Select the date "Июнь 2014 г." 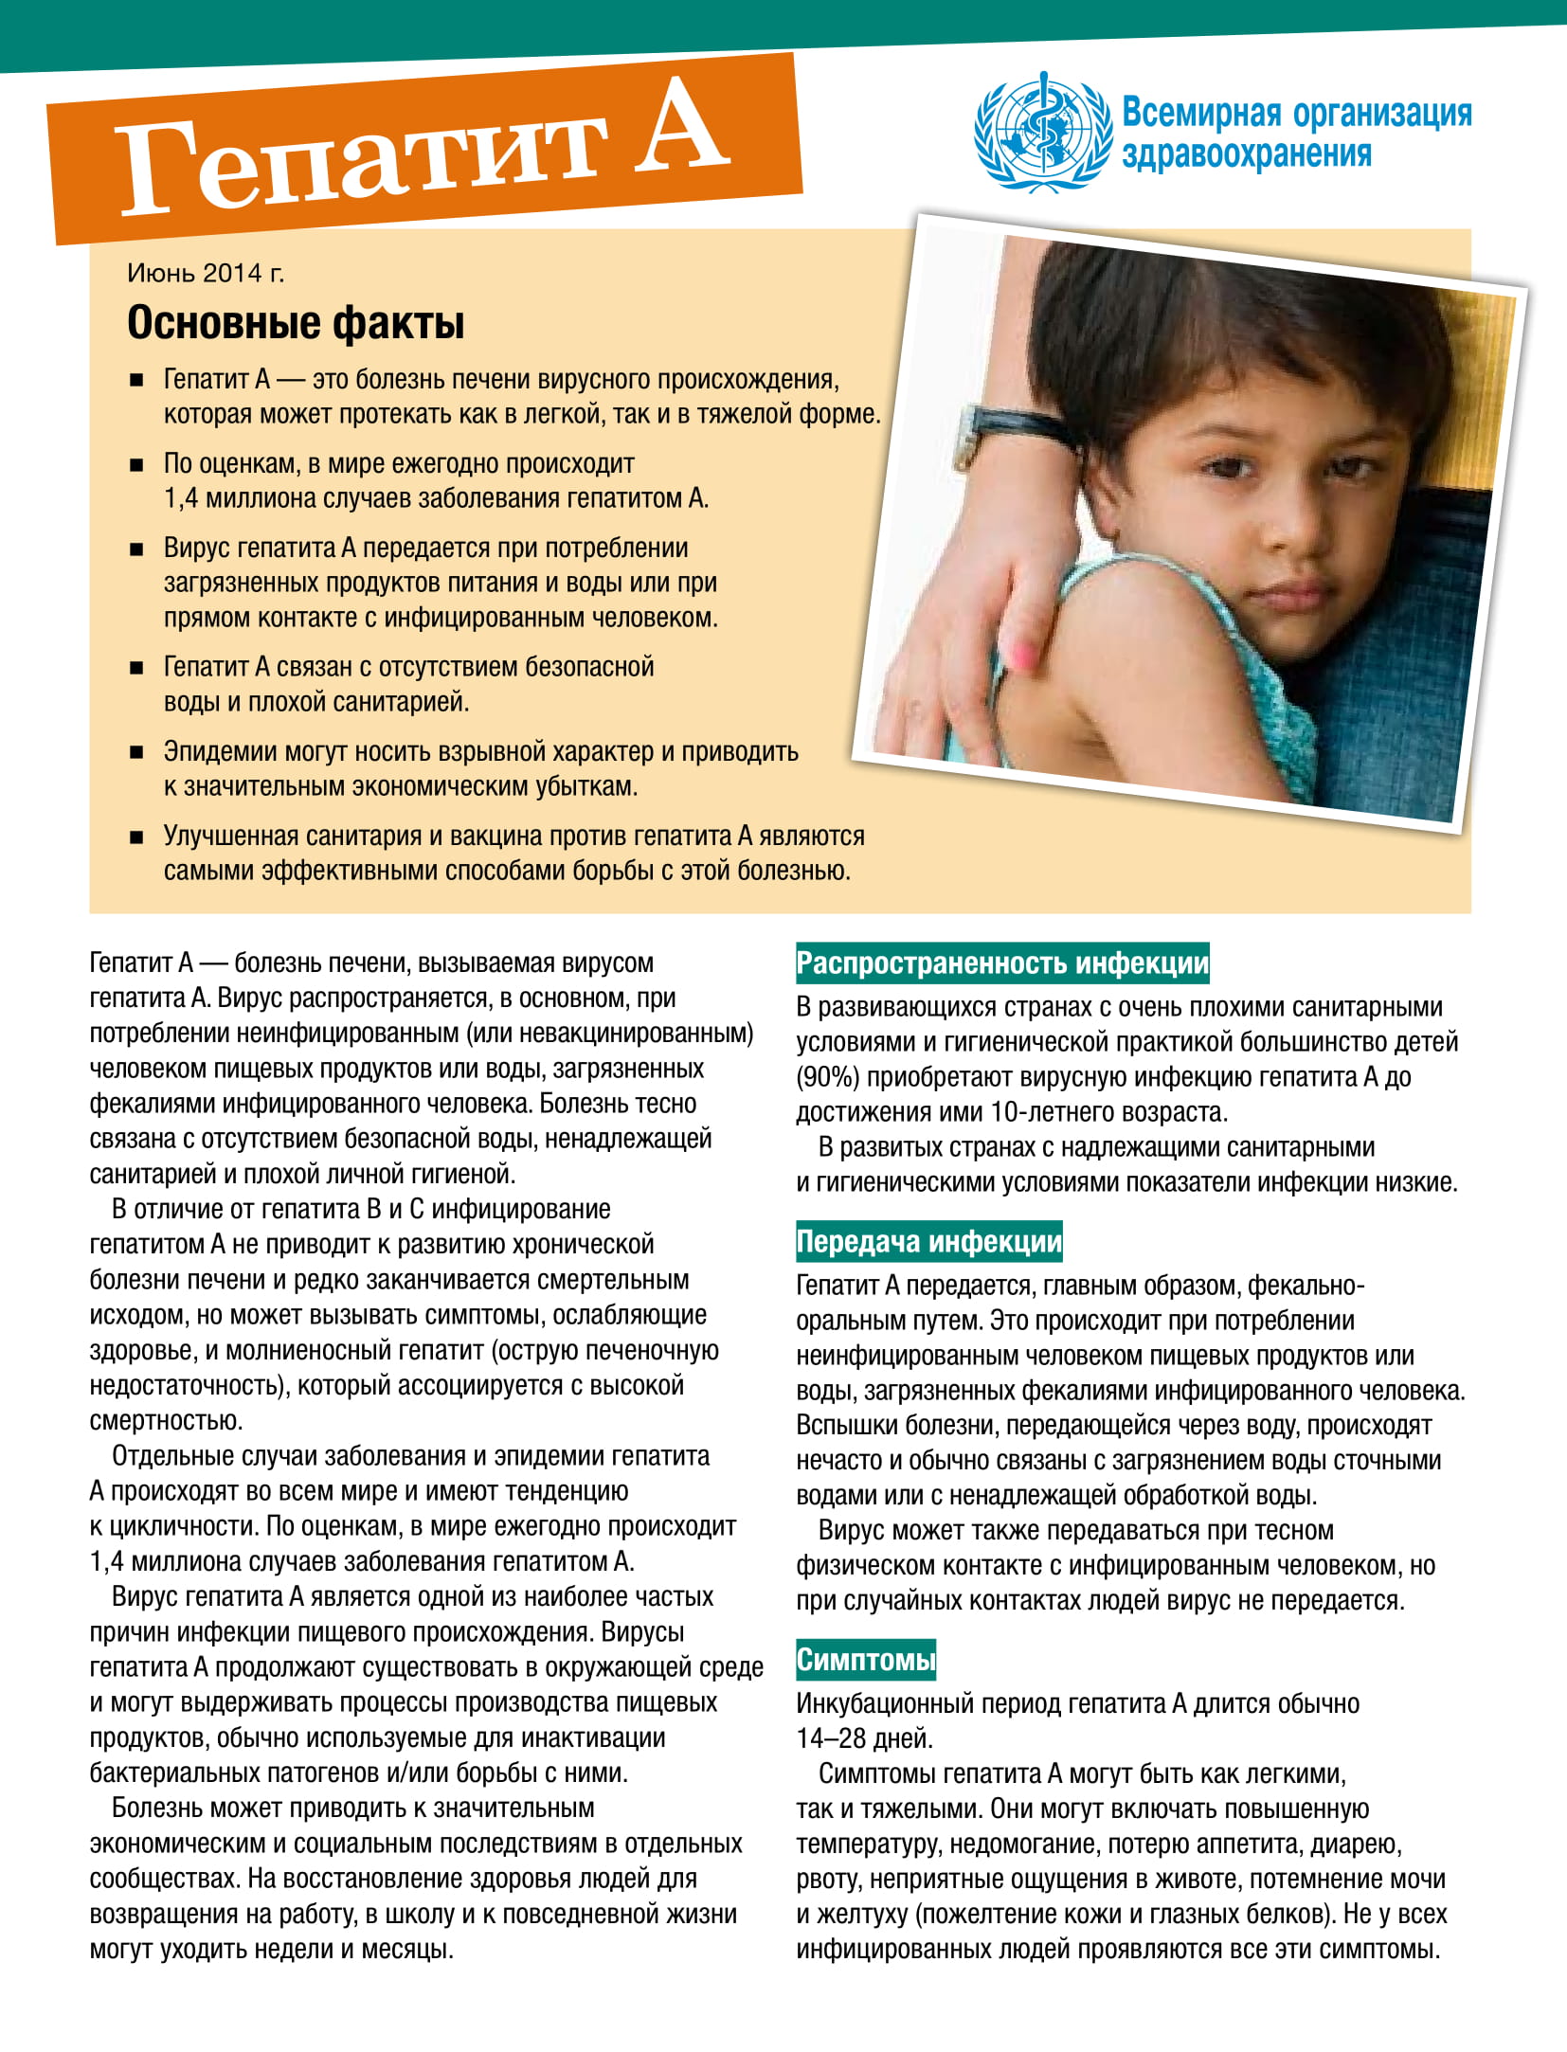coord(206,274)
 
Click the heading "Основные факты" coord(296,323)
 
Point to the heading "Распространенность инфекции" coord(1002,963)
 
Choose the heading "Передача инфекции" coord(928,1242)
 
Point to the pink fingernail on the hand coord(1024,651)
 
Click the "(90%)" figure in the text coord(828,1078)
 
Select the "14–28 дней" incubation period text coord(864,1738)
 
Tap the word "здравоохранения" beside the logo coord(1246,154)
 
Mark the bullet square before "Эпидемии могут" coord(136,753)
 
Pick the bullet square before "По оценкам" coord(136,465)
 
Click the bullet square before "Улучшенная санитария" coord(136,837)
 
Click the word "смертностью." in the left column coord(166,1421)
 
